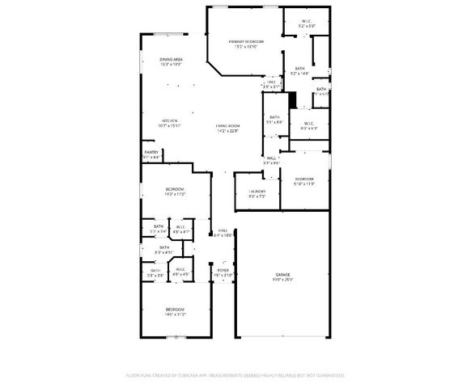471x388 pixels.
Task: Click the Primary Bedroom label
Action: pyautogui.click(x=247, y=41)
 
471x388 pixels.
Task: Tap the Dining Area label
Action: pyautogui.click(x=171, y=59)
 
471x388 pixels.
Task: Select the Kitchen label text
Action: pyautogui.click(x=170, y=120)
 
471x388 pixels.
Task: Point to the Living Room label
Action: pyautogui.click(x=228, y=125)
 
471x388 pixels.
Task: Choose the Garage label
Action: pyautogui.click(x=282, y=275)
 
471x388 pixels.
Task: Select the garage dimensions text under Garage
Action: pyautogui.click(x=282, y=280)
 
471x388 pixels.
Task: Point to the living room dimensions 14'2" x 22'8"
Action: pyautogui.click(x=228, y=131)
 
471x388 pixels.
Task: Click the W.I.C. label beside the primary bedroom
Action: pyautogui.click(x=307, y=22)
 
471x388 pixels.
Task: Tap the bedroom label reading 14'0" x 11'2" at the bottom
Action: pyautogui.click(x=176, y=310)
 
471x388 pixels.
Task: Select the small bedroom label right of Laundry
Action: pyautogui.click(x=304, y=179)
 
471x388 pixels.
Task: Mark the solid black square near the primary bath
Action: pyautogui.click(x=293, y=100)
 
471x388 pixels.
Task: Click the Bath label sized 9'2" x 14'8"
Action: pyautogui.click(x=299, y=69)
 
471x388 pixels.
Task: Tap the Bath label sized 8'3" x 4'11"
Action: pyautogui.click(x=164, y=247)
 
